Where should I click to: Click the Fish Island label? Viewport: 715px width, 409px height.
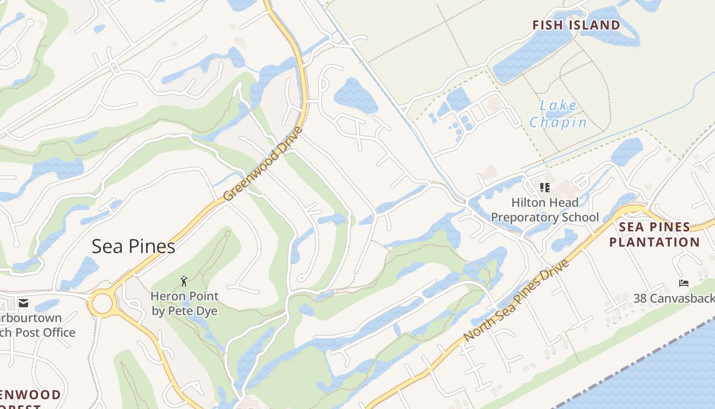(576, 25)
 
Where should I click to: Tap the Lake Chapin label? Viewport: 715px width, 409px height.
(558, 114)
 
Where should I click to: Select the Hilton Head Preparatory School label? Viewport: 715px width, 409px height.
(544, 210)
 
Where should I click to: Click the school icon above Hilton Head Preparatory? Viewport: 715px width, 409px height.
(544, 187)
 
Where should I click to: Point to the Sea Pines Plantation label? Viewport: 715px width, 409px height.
(654, 234)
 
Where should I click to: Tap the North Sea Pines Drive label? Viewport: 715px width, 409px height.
(516, 301)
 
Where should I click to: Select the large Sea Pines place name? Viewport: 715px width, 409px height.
(133, 246)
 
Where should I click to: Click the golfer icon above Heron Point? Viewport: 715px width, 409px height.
(184, 281)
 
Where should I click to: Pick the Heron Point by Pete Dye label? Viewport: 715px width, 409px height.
(184, 303)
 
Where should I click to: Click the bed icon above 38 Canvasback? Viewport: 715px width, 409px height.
(683, 283)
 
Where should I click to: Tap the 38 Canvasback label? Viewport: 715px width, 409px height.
(674, 298)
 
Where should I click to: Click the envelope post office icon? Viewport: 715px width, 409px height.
(23, 303)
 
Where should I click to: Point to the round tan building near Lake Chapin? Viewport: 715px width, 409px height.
(494, 104)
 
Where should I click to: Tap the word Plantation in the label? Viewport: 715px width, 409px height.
(654, 242)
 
